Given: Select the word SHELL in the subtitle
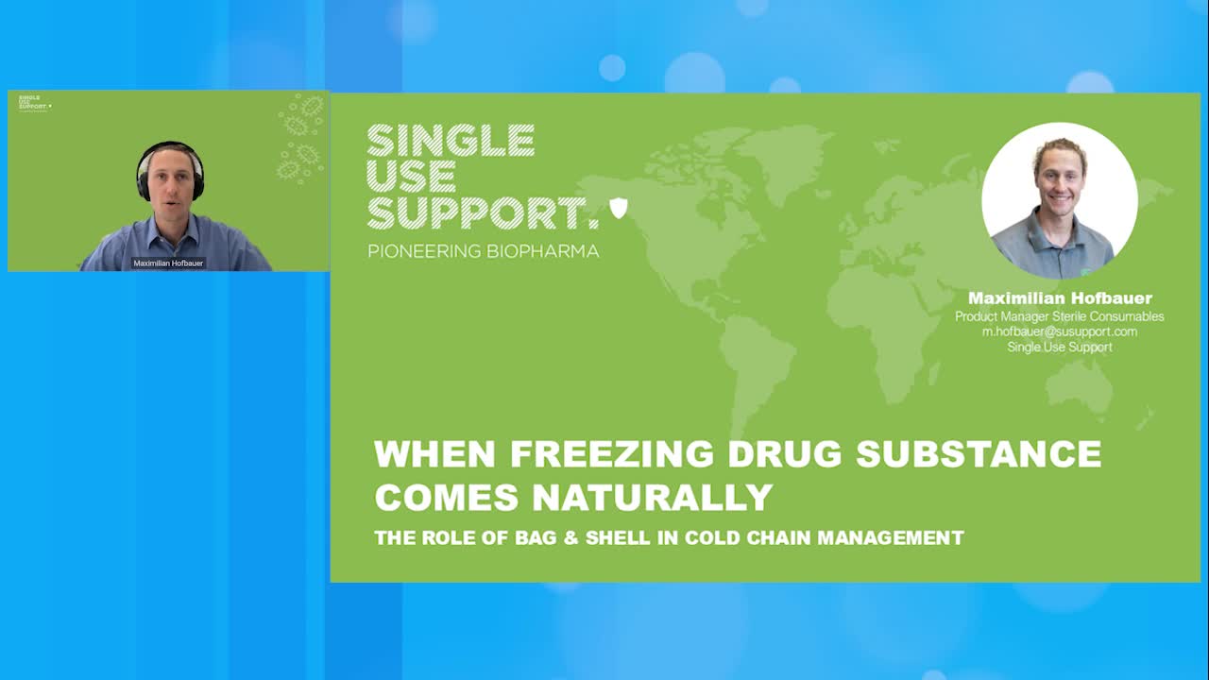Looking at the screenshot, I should [624, 538].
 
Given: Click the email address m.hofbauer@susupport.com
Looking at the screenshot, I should [1059, 331].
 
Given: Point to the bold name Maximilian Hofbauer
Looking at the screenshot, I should [1060, 298].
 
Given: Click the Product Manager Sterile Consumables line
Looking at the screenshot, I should [1059, 316].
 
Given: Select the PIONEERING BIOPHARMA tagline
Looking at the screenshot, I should [483, 252].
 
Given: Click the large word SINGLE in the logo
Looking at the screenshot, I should [451, 141].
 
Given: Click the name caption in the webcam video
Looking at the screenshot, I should [168, 263].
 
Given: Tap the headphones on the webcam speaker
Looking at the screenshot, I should [142, 179].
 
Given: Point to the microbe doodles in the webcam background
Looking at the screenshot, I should [300, 137].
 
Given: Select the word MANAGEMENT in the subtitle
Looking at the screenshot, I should [890, 538].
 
